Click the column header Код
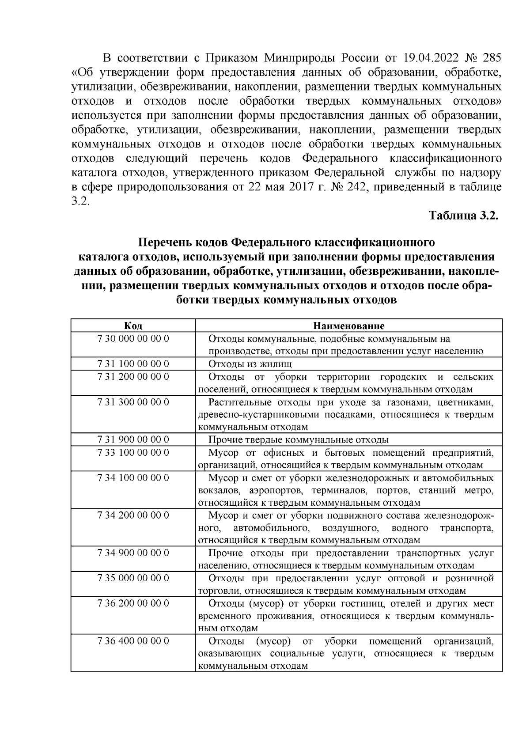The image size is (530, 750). (x=133, y=326)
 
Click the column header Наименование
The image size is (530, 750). (x=348, y=326)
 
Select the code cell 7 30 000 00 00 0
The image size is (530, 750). (x=133, y=339)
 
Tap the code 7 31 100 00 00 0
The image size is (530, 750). (x=133, y=364)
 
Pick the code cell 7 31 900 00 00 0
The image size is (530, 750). (x=133, y=440)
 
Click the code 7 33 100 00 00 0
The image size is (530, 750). (x=133, y=453)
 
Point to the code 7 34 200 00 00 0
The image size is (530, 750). (x=133, y=515)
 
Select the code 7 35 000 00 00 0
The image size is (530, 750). (x=133, y=578)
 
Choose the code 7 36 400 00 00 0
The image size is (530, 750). (x=133, y=641)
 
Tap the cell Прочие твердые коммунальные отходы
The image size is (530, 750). (x=298, y=440)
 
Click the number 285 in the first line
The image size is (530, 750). (x=492, y=58)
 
